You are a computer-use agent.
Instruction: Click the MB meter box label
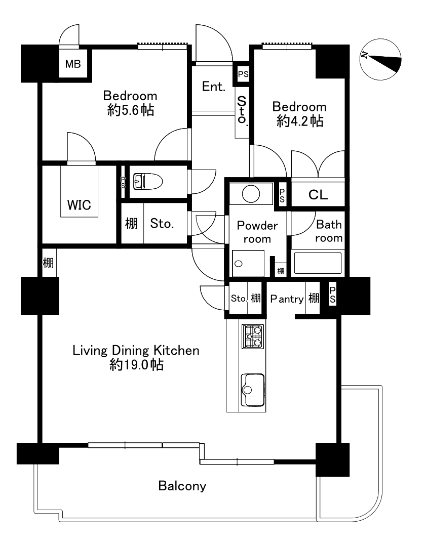[73, 64]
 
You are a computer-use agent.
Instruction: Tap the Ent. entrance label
[214, 87]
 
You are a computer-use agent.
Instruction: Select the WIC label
[79, 205]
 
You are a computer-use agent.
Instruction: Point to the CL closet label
[318, 195]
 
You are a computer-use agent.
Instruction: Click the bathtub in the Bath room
[318, 263]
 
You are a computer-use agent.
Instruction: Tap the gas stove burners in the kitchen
[253, 336]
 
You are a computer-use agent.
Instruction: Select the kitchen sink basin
[253, 390]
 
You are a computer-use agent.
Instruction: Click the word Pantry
[287, 299]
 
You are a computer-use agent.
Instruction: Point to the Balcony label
[182, 486]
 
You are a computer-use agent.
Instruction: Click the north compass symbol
[380, 59]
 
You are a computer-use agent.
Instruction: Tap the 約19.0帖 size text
[136, 365]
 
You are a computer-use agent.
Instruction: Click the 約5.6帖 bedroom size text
[131, 110]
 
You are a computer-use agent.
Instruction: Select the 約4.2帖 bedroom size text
[300, 121]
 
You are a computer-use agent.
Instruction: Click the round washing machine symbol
[251, 193]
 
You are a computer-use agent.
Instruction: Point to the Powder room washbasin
[239, 264]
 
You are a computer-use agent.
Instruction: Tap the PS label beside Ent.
[243, 74]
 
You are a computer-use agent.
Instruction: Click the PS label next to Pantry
[333, 295]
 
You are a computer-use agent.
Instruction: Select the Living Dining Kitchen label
[136, 350]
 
